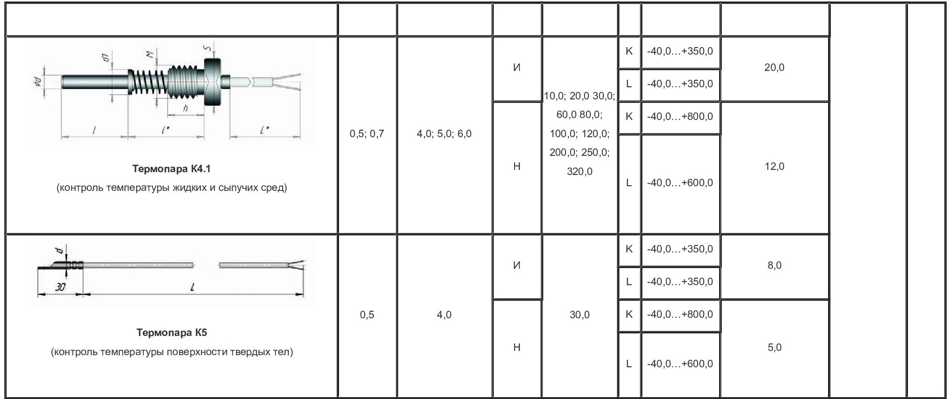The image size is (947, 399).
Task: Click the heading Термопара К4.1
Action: pos(171,168)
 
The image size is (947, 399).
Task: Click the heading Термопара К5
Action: pos(171,333)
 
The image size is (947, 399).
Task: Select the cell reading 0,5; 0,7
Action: pos(367,134)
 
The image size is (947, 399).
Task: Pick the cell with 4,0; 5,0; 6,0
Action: pos(444,134)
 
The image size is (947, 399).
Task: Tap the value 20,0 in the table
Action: pos(774,67)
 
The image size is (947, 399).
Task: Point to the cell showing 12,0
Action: pos(774,166)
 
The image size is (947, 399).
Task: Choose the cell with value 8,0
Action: pos(774,265)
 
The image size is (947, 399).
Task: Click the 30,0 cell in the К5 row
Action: pos(580,315)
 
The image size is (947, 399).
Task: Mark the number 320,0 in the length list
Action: pos(580,172)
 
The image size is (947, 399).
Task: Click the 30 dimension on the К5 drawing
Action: pos(60,287)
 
